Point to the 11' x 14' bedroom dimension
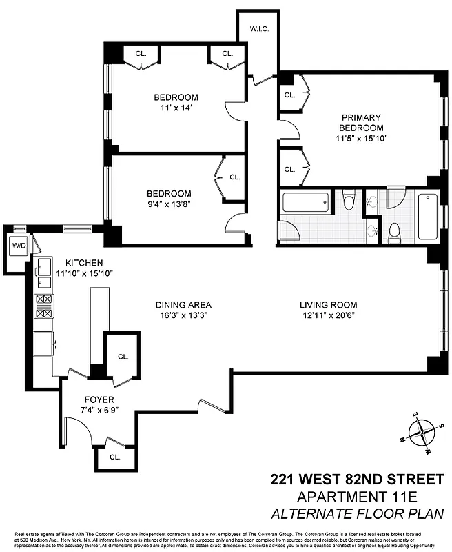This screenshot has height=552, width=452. click(x=176, y=108)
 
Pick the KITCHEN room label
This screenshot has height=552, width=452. click(x=84, y=263)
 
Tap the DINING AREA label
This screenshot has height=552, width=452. click(x=183, y=304)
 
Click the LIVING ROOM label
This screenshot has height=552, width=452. click(x=328, y=304)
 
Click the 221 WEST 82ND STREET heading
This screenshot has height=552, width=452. click(x=357, y=479)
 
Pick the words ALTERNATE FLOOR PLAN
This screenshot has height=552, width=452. click(x=358, y=514)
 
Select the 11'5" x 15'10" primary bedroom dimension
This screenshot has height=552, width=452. click(x=361, y=138)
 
